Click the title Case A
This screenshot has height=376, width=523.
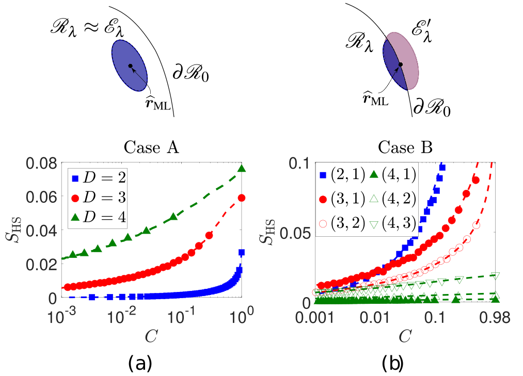(x=151, y=148)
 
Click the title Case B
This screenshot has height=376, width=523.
(x=405, y=148)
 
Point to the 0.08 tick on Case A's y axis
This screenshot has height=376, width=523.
(x=38, y=164)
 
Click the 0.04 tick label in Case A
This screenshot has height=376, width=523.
(x=38, y=231)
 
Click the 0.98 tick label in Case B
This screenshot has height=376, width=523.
(x=495, y=318)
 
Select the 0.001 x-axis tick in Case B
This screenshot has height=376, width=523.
(x=315, y=318)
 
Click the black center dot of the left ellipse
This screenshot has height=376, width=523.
(x=130, y=66)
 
